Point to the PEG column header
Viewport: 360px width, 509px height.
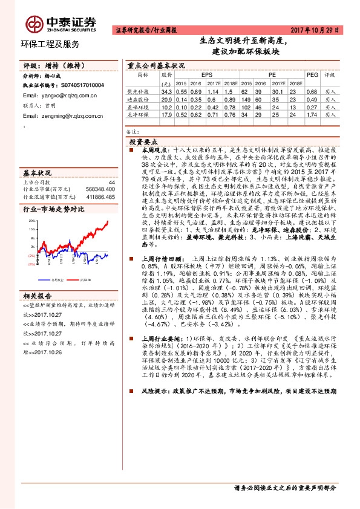pos(312,75)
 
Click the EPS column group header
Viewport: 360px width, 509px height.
pos(198,75)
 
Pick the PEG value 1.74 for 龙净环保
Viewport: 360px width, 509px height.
pos(312,114)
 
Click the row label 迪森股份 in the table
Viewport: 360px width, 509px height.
pos(139,98)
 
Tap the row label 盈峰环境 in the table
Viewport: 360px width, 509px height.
pos(139,106)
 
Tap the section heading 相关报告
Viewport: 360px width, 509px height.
pos(39,296)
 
